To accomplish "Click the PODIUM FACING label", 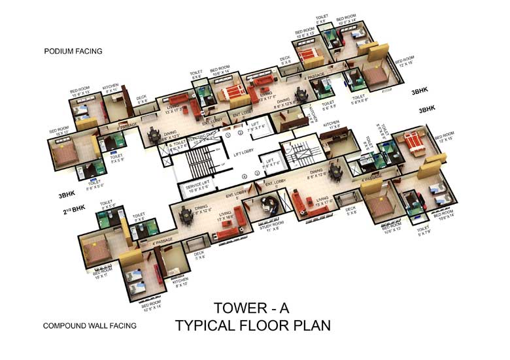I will click(x=73, y=51).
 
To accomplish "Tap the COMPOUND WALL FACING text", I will click(x=90, y=325).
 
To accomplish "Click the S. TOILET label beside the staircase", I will click(x=178, y=143).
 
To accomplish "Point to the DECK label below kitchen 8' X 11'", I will click(x=141, y=101).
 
